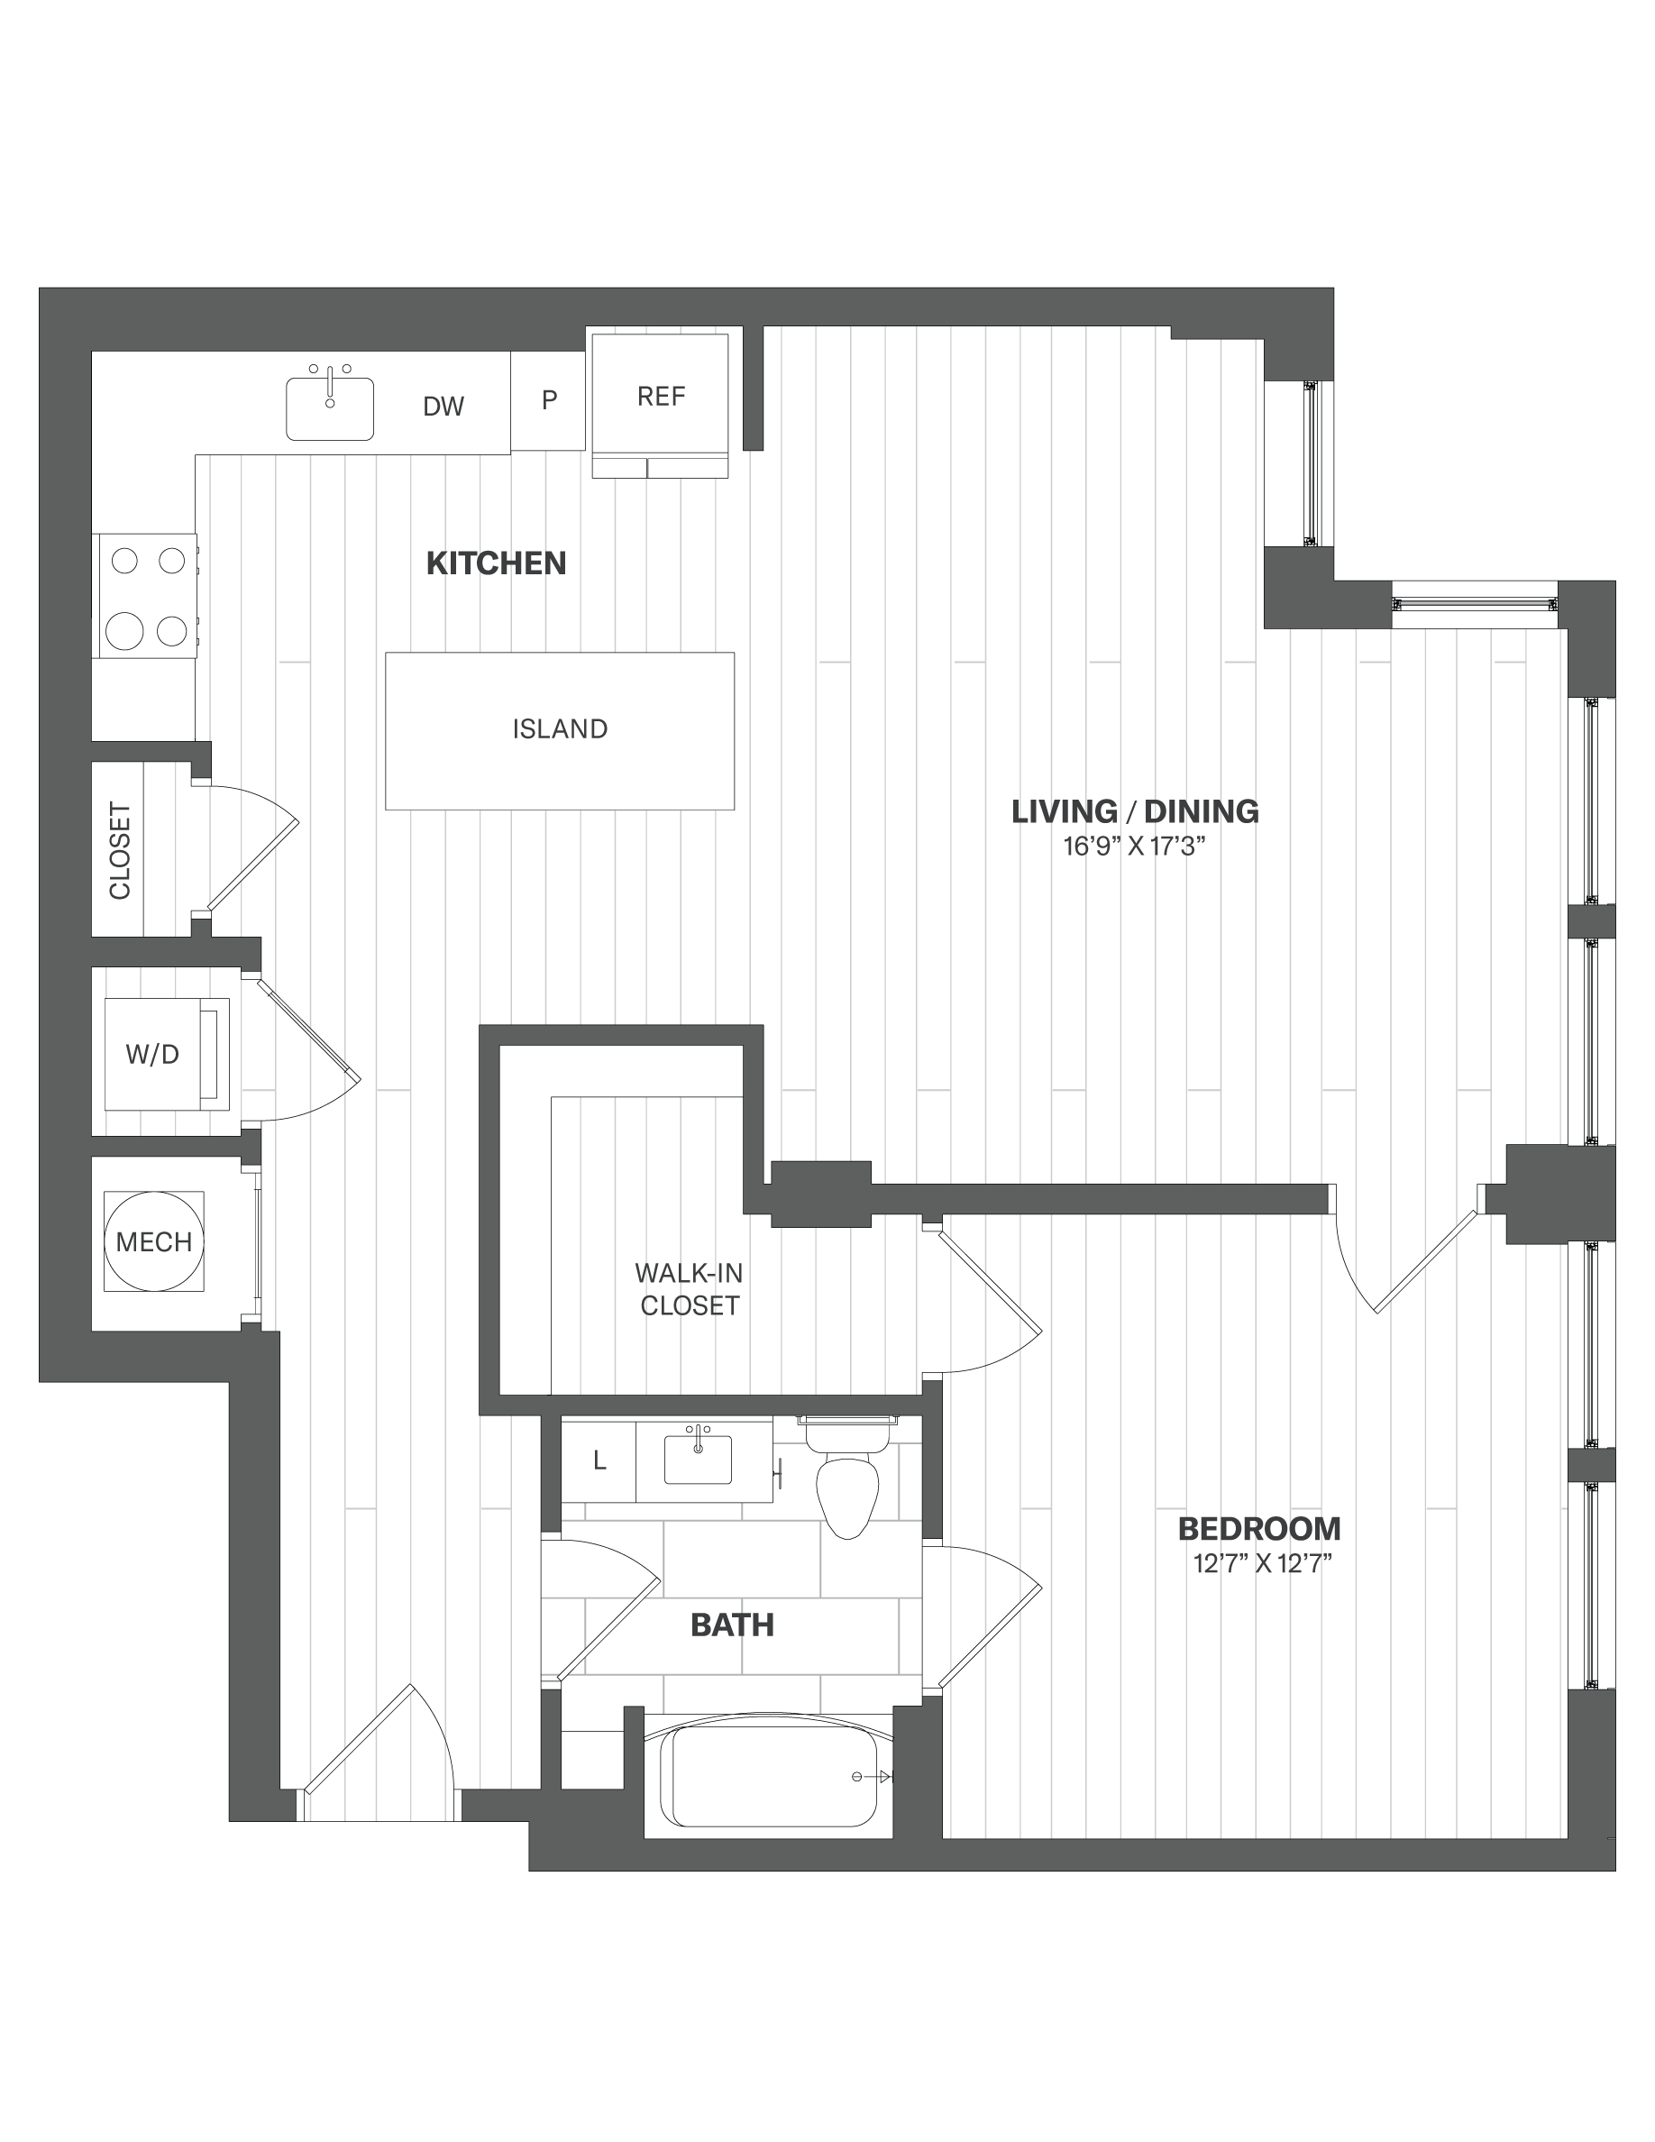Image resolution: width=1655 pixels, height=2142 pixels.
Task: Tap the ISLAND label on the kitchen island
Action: pyautogui.click(x=560, y=728)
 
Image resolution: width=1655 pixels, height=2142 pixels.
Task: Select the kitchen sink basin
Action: pyautogui.click(x=329, y=409)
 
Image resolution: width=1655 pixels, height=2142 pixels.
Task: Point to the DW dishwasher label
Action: pyautogui.click(x=443, y=406)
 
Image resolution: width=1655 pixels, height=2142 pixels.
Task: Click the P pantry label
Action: pyautogui.click(x=549, y=399)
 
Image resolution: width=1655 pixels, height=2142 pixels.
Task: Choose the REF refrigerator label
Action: pyautogui.click(x=661, y=397)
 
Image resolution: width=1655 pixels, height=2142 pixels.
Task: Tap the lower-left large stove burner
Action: pyautogui.click(x=124, y=631)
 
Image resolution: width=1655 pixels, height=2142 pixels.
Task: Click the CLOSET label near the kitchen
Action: pyautogui.click(x=120, y=850)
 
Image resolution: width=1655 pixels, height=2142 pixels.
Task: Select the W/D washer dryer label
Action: pyautogui.click(x=153, y=1055)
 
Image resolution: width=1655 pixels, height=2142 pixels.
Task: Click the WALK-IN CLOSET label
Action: pyautogui.click(x=690, y=1289)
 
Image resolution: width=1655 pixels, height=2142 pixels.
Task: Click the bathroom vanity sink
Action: pyautogui.click(x=698, y=1460)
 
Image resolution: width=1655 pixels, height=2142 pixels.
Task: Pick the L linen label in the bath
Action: pyautogui.click(x=600, y=1460)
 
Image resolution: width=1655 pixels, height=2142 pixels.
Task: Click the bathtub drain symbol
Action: pyautogui.click(x=858, y=1776)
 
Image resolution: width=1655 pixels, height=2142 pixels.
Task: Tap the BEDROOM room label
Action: pyautogui.click(x=1259, y=1529)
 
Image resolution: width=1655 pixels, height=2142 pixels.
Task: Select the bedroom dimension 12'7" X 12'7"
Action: pyautogui.click(x=1262, y=1563)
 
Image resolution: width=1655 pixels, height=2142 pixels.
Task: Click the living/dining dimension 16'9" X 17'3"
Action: pyautogui.click(x=1134, y=847)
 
